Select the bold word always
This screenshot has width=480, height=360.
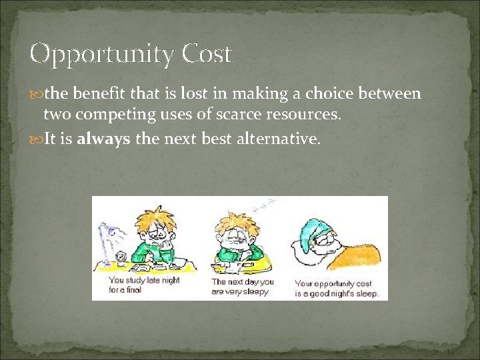[104, 139]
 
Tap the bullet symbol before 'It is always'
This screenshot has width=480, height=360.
[37, 140]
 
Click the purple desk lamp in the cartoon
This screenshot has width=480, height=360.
[106, 236]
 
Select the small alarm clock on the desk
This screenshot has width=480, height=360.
[122, 257]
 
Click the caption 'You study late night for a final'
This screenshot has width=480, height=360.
[144, 285]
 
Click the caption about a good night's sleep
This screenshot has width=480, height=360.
[337, 288]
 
